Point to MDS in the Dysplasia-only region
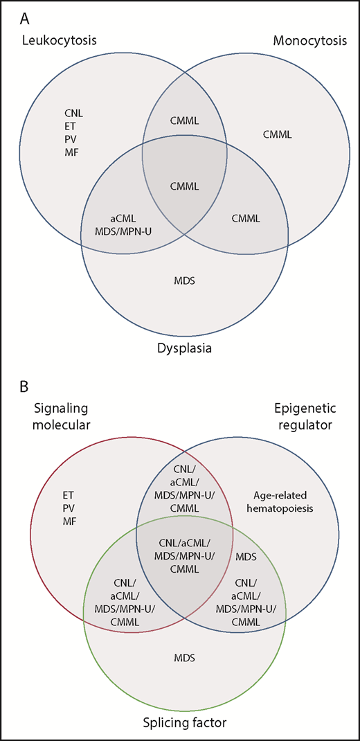(x=183, y=280)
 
